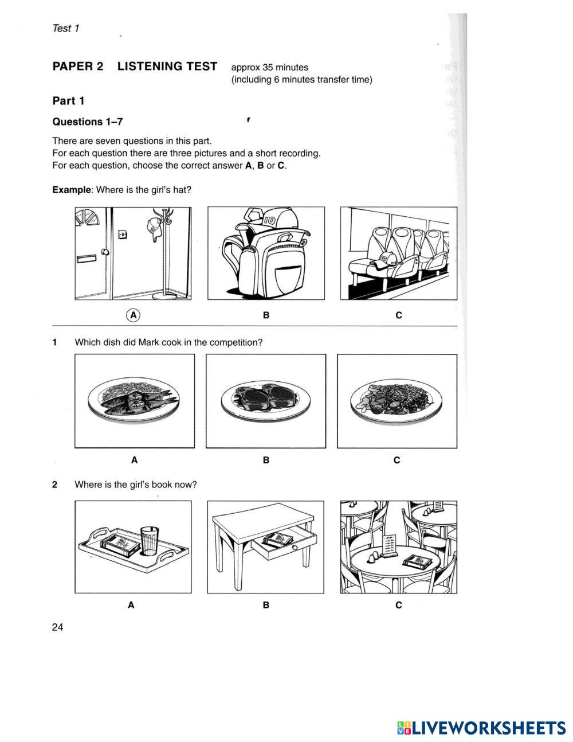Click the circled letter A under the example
pos(133,315)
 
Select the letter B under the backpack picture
pos(266,315)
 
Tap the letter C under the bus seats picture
pos(399,315)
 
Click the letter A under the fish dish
pos(134,460)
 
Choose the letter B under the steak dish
pos(266,460)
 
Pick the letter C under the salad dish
pos(397,460)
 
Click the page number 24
pos(57,627)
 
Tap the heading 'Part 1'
pos(68,101)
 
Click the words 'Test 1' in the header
pos(65,28)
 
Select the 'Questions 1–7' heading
pos(87,122)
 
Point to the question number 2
pos(54,485)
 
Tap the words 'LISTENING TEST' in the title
pos(167,67)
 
